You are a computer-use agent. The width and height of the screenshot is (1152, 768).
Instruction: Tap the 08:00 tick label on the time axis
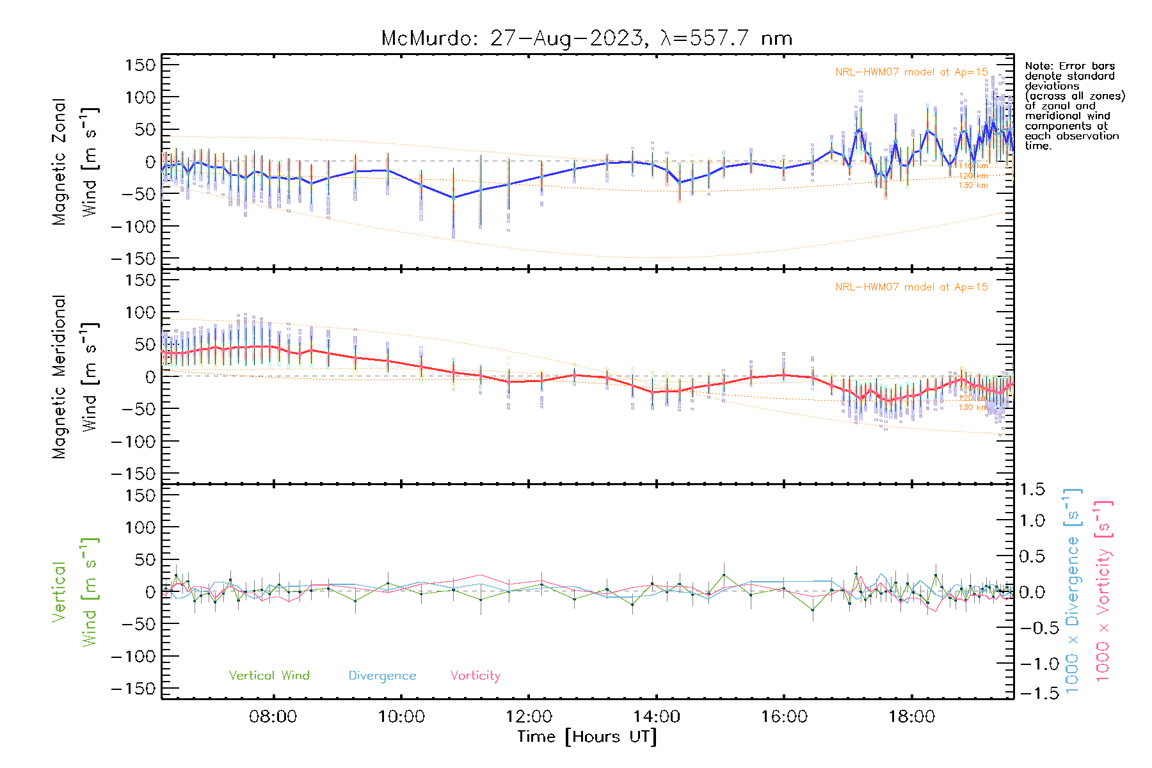(x=273, y=717)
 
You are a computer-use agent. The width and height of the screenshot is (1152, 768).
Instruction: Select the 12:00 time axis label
(x=529, y=717)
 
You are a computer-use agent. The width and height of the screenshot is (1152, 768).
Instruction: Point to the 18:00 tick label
(x=911, y=717)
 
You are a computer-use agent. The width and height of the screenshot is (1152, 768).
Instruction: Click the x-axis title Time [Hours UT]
(x=586, y=737)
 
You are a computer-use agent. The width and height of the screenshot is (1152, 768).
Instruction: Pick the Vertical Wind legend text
(x=269, y=676)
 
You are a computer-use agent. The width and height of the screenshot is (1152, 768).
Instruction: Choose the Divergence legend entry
(x=382, y=676)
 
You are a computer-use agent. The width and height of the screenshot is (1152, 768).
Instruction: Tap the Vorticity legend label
(x=475, y=676)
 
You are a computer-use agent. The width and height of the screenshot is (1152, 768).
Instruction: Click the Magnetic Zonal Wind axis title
(x=74, y=161)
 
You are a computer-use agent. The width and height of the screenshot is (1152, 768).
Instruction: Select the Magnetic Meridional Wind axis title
(x=74, y=377)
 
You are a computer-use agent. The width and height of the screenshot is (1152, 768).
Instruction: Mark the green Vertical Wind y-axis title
(x=74, y=592)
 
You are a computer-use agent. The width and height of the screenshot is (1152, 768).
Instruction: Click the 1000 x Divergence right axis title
(x=1073, y=591)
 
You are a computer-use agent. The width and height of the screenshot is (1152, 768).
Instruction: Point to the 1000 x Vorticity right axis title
(x=1103, y=591)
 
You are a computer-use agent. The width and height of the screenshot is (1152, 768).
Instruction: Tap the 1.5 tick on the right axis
(x=1032, y=490)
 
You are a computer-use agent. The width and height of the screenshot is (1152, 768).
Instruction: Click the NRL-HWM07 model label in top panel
(x=911, y=72)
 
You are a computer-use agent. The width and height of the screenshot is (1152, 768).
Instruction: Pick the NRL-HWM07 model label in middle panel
(x=911, y=287)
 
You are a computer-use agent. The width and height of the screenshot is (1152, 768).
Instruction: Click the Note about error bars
(x=1073, y=106)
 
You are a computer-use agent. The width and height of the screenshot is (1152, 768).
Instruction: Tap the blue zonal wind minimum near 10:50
(x=453, y=198)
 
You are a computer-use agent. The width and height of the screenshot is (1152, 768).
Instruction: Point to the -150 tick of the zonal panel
(x=133, y=259)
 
